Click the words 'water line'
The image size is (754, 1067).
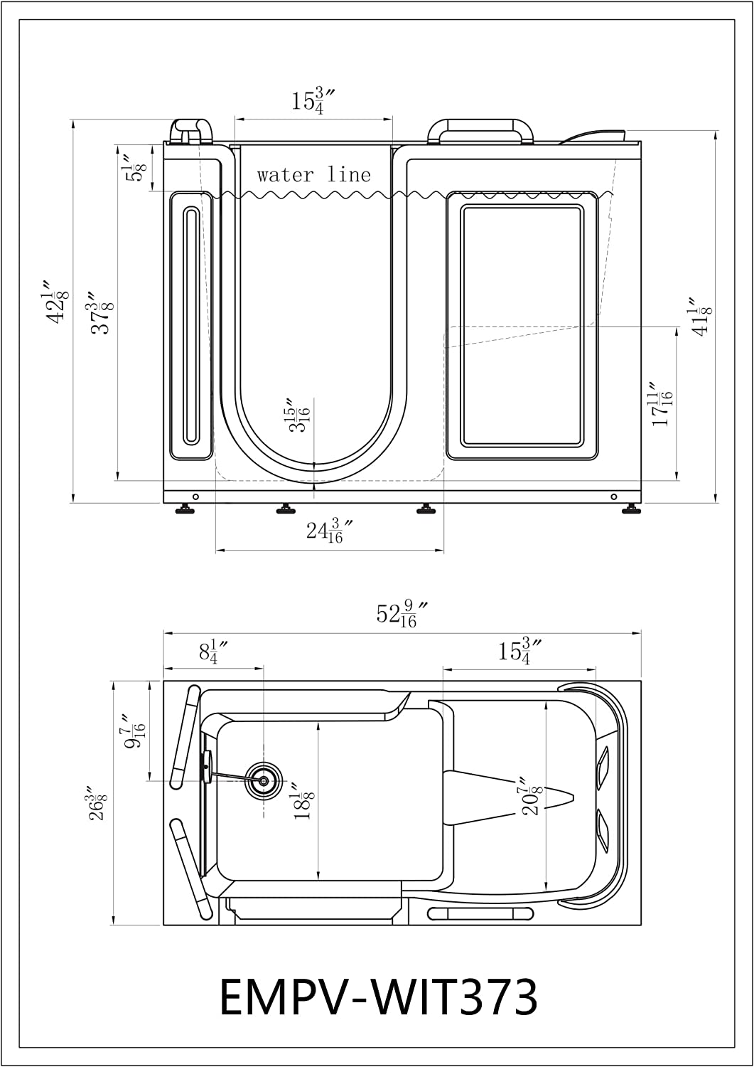[x=313, y=175]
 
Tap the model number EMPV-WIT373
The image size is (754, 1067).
[x=379, y=997]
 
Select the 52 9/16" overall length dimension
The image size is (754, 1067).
[x=403, y=615]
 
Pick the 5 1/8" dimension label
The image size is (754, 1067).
[x=134, y=166]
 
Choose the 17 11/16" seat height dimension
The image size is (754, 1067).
[x=661, y=403]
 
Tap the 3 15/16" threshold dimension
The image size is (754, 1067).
[x=299, y=413]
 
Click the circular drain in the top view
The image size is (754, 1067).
[x=263, y=780]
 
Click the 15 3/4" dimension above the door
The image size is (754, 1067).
[x=313, y=100]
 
